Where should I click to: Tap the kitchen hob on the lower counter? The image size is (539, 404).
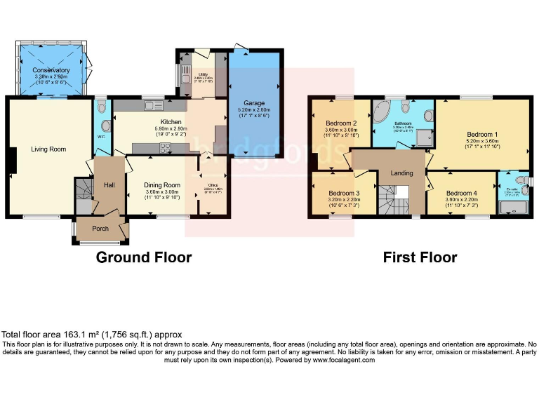pyautogui.click(x=166, y=147)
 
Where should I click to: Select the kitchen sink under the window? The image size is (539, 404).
pyautogui.click(x=152, y=106)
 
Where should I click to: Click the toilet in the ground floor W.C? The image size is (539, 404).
pyautogui.click(x=102, y=108)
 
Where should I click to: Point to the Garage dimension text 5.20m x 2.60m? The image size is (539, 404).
pyautogui.click(x=254, y=110)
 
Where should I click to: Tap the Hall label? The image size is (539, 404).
pyautogui.click(x=109, y=184)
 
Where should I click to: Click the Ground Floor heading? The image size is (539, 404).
pyautogui.click(x=143, y=257)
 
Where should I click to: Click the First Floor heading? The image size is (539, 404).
pyautogui.click(x=420, y=257)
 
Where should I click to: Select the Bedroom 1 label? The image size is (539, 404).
pyautogui.click(x=482, y=134)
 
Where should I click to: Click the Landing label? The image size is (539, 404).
pyautogui.click(x=402, y=173)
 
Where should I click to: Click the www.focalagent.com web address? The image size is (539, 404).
pyautogui.click(x=343, y=360)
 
